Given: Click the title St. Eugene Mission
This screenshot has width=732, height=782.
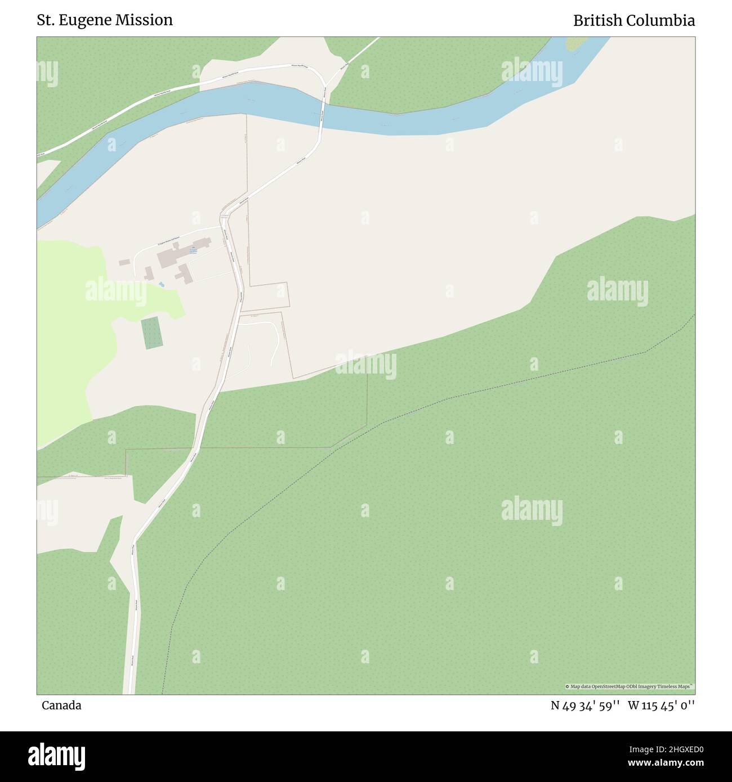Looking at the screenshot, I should [x=105, y=20].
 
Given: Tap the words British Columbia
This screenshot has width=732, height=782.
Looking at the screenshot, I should [x=634, y=20].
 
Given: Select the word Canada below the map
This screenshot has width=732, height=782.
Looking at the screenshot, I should [x=61, y=705].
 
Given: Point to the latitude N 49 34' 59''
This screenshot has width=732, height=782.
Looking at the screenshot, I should [x=586, y=705].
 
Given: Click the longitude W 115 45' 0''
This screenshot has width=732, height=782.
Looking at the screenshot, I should [x=662, y=705].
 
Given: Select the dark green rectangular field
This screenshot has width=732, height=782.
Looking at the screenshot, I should [x=150, y=333].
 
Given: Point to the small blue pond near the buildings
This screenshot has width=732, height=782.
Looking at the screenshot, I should [x=161, y=285].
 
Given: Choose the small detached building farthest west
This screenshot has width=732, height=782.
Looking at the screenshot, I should [x=123, y=262].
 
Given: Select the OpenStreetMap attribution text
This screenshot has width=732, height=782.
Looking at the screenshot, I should [x=630, y=686].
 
